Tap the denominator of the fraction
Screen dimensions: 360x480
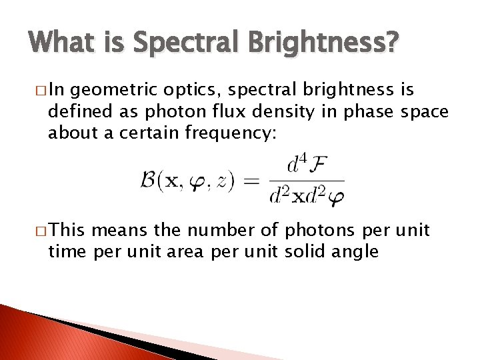coord(306,196)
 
